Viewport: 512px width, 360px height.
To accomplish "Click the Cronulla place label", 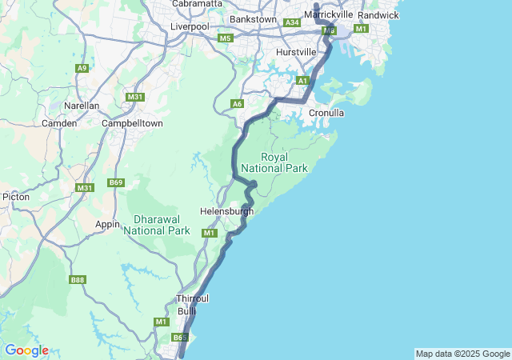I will click(x=326, y=113).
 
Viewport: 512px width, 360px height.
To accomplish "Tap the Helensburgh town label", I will click(x=226, y=212).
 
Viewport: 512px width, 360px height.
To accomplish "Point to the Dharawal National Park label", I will click(x=157, y=224).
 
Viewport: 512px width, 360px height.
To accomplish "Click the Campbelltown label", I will click(x=132, y=123).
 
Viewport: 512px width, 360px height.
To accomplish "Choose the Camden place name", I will click(x=59, y=123).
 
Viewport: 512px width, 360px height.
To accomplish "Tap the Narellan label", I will click(x=82, y=106).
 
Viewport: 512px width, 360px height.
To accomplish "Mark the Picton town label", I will click(x=15, y=196).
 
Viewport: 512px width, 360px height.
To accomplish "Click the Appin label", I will click(x=107, y=225).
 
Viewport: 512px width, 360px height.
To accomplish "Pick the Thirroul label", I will click(x=192, y=298).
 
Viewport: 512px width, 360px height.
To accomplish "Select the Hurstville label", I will click(x=296, y=52).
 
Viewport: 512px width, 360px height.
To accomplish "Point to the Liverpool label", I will click(x=190, y=26).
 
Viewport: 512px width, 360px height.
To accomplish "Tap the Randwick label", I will click(x=378, y=15).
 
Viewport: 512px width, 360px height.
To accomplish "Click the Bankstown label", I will click(x=253, y=19).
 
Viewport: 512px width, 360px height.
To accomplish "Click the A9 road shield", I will click(x=82, y=69).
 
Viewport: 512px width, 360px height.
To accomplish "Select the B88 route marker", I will click(x=78, y=279).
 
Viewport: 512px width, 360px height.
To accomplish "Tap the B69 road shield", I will click(x=117, y=183).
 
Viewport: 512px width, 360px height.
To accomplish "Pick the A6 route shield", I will click(x=237, y=104).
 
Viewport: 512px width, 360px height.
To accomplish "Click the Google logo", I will click(x=26, y=350).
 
